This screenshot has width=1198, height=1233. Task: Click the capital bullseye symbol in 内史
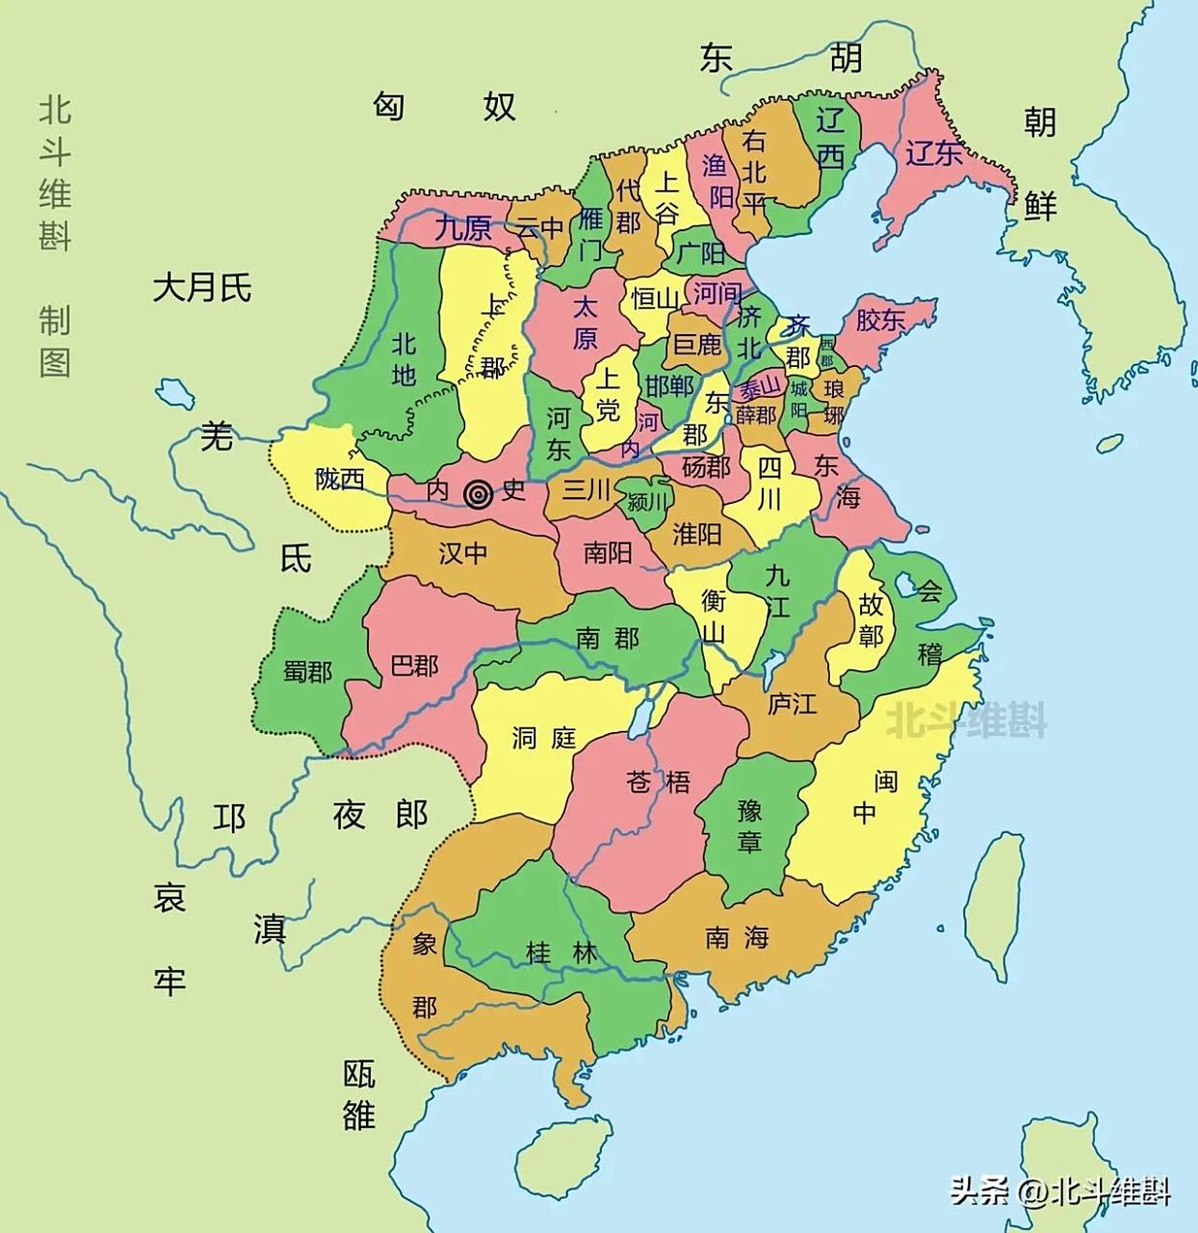(x=478, y=494)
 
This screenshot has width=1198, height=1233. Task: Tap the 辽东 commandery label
(x=933, y=152)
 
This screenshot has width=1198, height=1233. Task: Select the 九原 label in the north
(x=463, y=228)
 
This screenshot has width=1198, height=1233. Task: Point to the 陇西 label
(x=340, y=478)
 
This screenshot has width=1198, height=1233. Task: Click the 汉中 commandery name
(x=463, y=553)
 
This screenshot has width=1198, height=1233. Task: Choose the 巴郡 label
(x=415, y=666)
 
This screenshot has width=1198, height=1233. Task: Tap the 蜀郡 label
(x=307, y=670)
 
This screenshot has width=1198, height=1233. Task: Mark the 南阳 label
(x=608, y=553)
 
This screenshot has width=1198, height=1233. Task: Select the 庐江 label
(x=792, y=704)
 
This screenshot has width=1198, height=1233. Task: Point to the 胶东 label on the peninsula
(x=879, y=320)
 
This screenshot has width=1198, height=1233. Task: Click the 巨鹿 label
(x=697, y=343)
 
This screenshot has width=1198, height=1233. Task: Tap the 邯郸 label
(x=669, y=386)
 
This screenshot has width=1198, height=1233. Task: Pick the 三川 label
(x=587, y=489)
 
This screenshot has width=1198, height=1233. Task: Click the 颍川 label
(x=646, y=502)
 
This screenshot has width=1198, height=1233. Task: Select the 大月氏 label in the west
(x=202, y=287)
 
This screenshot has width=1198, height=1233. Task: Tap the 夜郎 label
(x=379, y=815)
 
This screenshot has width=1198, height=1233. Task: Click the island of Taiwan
(x=995, y=905)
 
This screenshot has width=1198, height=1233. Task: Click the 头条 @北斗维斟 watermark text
(x=1060, y=1192)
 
